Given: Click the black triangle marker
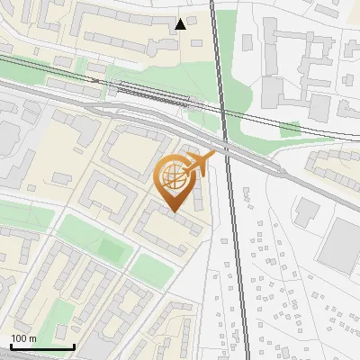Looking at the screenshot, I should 182,24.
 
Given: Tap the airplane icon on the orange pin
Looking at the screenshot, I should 200,165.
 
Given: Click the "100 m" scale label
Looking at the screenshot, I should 23,338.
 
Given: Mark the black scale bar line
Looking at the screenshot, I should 42,346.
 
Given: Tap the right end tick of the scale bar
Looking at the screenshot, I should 74,345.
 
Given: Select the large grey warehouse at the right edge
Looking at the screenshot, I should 341,245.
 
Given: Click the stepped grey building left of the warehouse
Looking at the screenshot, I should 305,212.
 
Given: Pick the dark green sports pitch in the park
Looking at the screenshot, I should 112,249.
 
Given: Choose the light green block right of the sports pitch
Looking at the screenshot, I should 148,266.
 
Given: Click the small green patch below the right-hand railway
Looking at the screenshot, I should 290,130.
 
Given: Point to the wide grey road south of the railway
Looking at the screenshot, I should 135,112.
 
